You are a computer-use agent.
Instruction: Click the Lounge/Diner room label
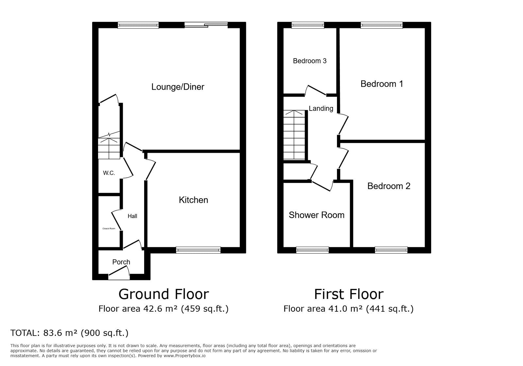(x=177, y=87)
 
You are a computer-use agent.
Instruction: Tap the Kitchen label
(x=193, y=200)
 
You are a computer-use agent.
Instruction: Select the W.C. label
(x=109, y=173)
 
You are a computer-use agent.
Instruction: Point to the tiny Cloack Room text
(x=109, y=228)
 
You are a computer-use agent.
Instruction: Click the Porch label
(x=121, y=262)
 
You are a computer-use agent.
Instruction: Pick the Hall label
(x=132, y=216)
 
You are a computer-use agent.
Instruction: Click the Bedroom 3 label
(x=310, y=61)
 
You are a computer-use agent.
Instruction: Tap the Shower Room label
(x=316, y=215)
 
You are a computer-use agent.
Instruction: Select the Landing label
(x=321, y=109)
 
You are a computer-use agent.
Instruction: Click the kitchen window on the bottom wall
(x=198, y=250)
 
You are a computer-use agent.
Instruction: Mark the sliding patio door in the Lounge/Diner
(x=206, y=25)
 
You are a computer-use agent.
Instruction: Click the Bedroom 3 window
(x=308, y=25)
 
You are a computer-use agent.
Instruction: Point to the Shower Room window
(x=312, y=250)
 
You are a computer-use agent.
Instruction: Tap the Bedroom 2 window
(x=391, y=250)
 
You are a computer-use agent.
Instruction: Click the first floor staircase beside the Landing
(x=294, y=136)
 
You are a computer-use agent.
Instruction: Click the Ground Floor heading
(x=163, y=294)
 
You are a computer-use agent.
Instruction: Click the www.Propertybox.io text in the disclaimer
(x=184, y=356)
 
